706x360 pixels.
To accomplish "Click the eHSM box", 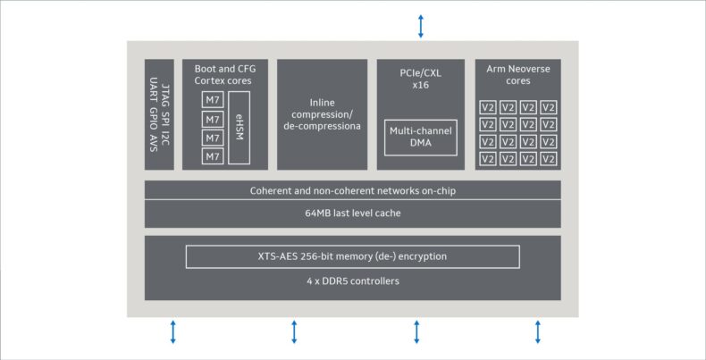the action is (240, 128).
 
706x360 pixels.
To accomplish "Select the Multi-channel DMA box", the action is (421, 138).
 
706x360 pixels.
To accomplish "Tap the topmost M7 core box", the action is (213, 99).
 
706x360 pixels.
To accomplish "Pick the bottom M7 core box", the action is (213, 156).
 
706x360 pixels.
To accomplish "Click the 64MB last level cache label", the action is (352, 213).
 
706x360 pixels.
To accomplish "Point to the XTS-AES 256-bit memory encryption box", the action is (352, 256).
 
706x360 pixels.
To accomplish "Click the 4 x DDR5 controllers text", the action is (352, 281).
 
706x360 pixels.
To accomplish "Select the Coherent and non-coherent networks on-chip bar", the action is (352, 190).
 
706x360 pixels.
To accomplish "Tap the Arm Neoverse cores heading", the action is (518, 75).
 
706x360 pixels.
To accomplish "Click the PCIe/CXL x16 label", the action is (421, 79).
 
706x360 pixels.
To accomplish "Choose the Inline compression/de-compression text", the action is (322, 114).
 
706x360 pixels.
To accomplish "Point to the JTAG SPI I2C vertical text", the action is (164, 114).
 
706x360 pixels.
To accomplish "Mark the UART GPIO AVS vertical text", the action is (153, 114).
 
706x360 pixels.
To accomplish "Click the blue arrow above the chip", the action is (421, 26).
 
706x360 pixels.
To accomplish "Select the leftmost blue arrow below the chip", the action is (172, 332).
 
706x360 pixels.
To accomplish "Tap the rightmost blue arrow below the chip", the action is (538, 332).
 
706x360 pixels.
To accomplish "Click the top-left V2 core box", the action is (488, 107).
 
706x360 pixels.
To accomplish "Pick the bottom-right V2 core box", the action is (549, 158).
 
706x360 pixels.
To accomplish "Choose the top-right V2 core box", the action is (549, 107).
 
